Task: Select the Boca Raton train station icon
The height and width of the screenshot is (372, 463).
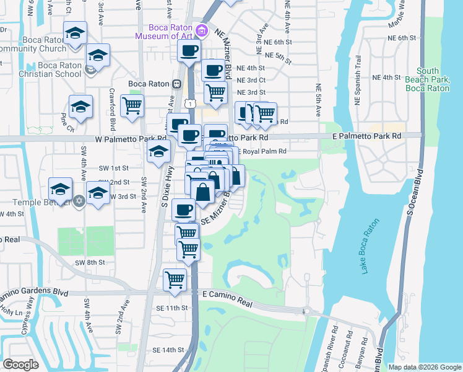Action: click(x=176, y=84)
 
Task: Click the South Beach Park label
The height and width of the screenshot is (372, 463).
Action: click(x=427, y=80)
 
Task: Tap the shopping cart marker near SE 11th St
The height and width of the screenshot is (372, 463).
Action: click(x=175, y=279)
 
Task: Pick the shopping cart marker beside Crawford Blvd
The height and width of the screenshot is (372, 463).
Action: click(x=132, y=106)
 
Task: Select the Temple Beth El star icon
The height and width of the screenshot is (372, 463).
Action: click(x=79, y=201)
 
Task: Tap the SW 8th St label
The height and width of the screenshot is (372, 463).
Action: click(x=90, y=263)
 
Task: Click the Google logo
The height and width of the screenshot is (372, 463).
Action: click(x=22, y=365)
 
